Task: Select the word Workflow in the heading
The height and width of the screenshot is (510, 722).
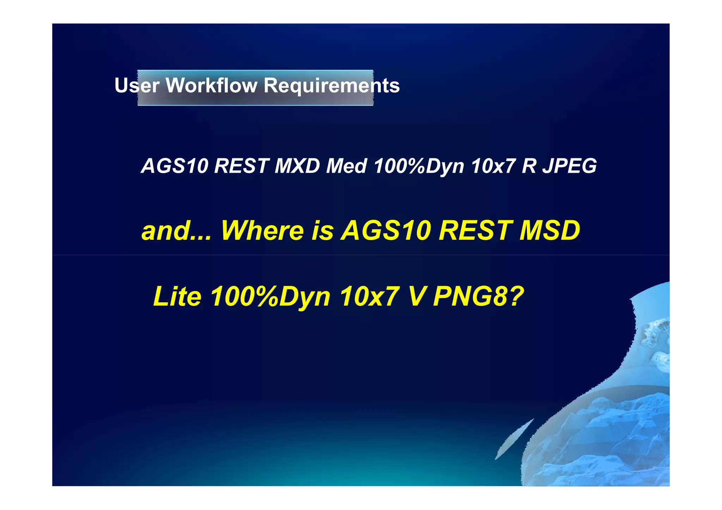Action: point(212,85)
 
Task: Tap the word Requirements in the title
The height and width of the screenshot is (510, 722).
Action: point(332,85)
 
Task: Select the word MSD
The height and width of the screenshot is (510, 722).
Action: point(550,231)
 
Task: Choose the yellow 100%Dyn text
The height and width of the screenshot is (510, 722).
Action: point(271,296)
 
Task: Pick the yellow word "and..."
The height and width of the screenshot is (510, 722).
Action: point(176,231)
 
